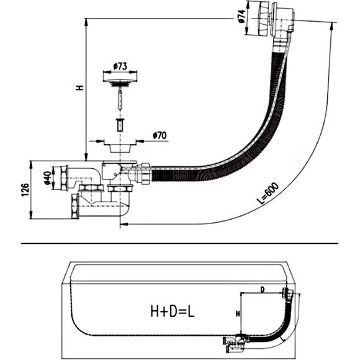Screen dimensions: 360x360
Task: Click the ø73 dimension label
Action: [120, 66]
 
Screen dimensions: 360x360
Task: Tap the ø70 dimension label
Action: [160, 135]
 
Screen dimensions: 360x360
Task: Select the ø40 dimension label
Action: [48, 178]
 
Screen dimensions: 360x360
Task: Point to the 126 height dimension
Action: [25, 190]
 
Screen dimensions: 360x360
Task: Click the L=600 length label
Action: [268, 193]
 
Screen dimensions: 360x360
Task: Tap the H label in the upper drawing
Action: [79, 88]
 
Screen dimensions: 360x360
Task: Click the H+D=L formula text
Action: [172, 311]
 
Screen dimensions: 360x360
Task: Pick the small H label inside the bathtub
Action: [238, 313]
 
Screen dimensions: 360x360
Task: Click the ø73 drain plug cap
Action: [120, 81]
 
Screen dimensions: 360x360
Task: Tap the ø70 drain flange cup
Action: [120, 147]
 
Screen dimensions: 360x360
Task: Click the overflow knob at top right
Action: [263, 18]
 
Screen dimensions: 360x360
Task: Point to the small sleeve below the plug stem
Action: [120, 125]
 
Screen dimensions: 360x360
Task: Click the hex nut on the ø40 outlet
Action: [64, 178]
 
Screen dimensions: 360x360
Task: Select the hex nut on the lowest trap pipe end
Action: [75, 206]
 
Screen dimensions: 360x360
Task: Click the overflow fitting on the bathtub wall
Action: [287, 293]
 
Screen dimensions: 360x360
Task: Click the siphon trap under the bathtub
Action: [235, 344]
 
